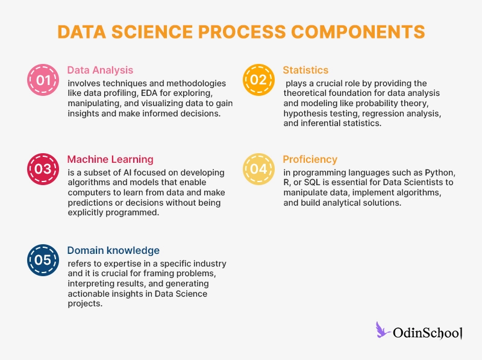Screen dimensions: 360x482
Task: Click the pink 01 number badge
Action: (x=43, y=80)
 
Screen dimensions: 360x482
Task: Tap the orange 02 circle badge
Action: (x=258, y=80)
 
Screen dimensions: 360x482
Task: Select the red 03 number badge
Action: (x=43, y=169)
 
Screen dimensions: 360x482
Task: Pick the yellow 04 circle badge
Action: (x=258, y=169)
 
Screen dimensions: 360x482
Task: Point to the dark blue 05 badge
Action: (x=43, y=259)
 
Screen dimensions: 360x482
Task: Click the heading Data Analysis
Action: (x=100, y=70)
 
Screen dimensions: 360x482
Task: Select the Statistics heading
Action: (x=305, y=70)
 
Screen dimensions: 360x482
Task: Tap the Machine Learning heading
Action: (x=110, y=159)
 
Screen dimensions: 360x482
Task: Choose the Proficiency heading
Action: (x=310, y=159)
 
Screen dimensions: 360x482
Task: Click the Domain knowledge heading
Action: (x=113, y=250)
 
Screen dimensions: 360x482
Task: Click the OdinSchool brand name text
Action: (x=427, y=332)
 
